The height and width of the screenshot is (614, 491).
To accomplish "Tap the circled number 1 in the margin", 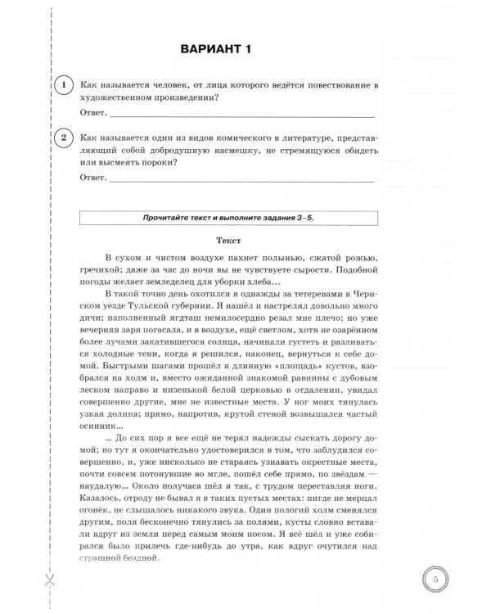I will (60, 84).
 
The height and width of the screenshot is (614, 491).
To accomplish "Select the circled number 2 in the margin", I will (60, 137).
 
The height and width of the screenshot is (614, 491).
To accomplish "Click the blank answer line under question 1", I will (241, 113).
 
